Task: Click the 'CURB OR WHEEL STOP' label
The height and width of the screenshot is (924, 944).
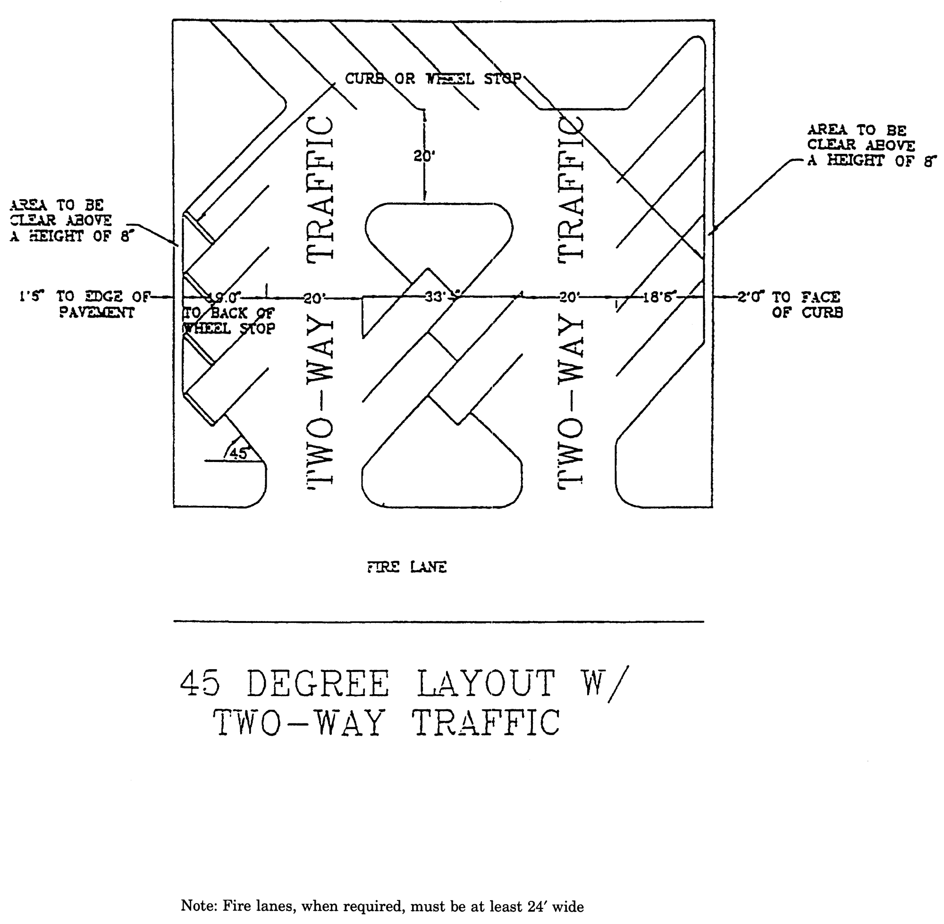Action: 433,79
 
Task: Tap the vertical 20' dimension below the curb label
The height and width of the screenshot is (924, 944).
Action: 424,156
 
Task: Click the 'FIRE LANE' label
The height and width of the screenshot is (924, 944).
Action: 407,567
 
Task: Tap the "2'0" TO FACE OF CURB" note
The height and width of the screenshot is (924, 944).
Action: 790,304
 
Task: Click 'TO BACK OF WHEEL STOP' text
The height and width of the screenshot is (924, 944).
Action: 228,320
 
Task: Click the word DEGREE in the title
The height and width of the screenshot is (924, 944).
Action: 318,684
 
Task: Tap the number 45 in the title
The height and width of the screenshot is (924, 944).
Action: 200,684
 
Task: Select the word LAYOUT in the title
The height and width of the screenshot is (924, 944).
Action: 485,684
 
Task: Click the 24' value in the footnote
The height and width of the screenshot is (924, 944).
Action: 535,906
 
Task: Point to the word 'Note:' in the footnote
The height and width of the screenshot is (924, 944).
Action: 199,906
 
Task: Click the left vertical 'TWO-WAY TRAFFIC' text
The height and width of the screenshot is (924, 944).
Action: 320,301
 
